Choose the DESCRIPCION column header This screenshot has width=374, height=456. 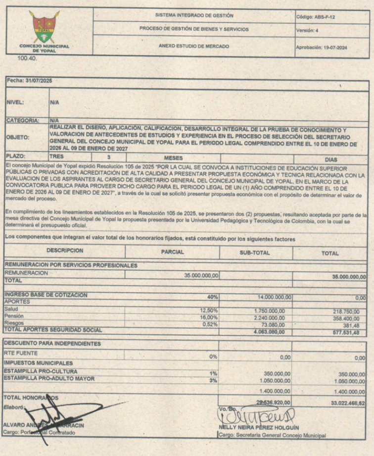click(66, 251)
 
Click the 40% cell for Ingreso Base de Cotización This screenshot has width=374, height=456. click(212, 296)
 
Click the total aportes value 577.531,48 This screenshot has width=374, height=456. click(349, 331)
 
